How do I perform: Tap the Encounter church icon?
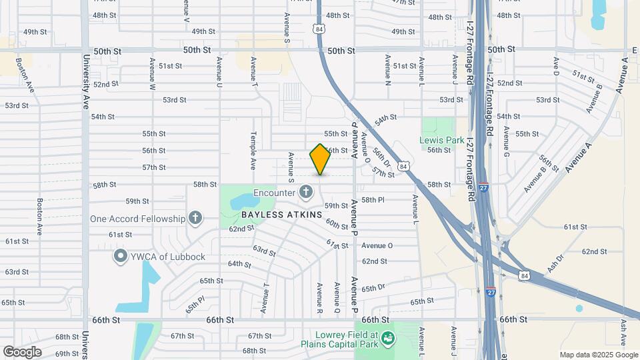[306, 193]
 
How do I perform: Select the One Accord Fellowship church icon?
[195, 218]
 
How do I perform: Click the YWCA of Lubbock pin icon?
[120, 256]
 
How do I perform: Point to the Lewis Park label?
[441, 140]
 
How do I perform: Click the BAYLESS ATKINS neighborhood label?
[281, 215]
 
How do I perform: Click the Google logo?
[22, 352]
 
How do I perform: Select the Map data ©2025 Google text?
[598, 355]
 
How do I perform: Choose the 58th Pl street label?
[373, 199]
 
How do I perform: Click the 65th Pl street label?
[194, 305]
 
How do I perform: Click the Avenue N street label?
[388, 69]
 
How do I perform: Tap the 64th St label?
[239, 263]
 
